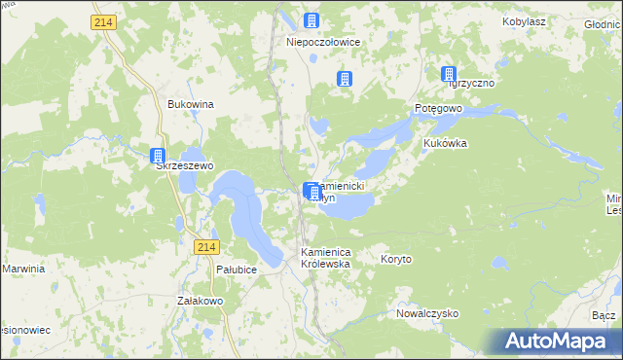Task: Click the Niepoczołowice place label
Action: [x=311, y=43]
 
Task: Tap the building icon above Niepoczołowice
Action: [x=311, y=21]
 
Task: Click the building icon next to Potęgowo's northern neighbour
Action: [x=449, y=74]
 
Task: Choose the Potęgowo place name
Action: [x=437, y=108]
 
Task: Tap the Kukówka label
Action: [x=445, y=143]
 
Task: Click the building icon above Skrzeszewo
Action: [x=158, y=155]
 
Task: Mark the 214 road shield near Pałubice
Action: [x=203, y=248]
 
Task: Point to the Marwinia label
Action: [x=23, y=269]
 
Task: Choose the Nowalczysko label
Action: [x=426, y=314]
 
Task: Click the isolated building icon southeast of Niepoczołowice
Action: [x=344, y=79]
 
